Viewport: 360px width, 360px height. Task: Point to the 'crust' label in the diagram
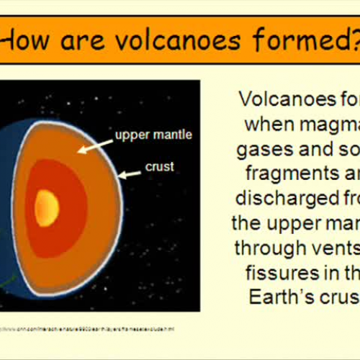point(159,167)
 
